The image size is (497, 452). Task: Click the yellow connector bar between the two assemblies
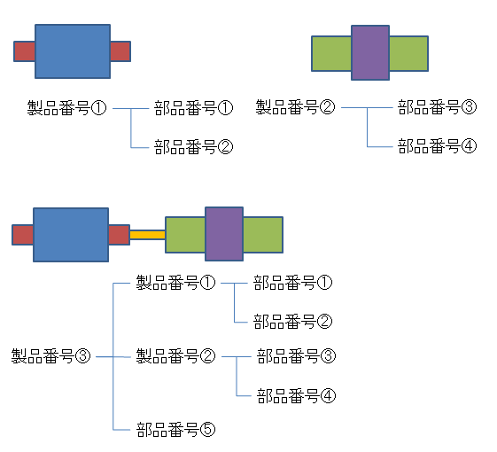pyautogui.click(x=147, y=235)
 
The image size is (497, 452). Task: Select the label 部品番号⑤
pyautogui.click(x=176, y=430)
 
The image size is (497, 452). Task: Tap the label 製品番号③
pyautogui.click(x=50, y=356)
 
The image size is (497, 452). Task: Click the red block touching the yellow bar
pyautogui.click(x=119, y=235)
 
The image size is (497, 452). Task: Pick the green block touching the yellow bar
pyautogui.click(x=185, y=235)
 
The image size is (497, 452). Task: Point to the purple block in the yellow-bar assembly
pyautogui.click(x=224, y=234)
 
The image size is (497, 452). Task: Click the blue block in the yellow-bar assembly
pyautogui.click(x=71, y=235)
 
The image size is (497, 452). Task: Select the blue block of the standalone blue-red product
pyautogui.click(x=73, y=51)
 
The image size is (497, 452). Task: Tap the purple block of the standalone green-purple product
pyautogui.click(x=370, y=52)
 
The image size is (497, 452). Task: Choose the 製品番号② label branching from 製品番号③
pyautogui.click(x=175, y=356)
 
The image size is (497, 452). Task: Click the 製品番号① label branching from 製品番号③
pyautogui.click(x=175, y=283)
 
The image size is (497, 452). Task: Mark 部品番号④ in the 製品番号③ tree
pyautogui.click(x=296, y=396)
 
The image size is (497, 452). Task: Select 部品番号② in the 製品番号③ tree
pyautogui.click(x=293, y=322)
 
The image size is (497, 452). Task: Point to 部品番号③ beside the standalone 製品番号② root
pyautogui.click(x=438, y=107)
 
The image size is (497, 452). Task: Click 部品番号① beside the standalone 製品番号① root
pyautogui.click(x=194, y=108)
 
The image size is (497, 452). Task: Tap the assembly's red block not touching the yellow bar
pyautogui.click(x=22, y=235)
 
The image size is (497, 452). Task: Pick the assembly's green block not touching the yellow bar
pyautogui.click(x=263, y=235)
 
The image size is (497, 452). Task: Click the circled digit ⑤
pyautogui.click(x=208, y=430)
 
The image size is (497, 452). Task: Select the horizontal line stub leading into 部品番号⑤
pyautogui.click(x=121, y=430)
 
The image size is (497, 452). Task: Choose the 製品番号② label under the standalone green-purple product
pyautogui.click(x=295, y=107)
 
